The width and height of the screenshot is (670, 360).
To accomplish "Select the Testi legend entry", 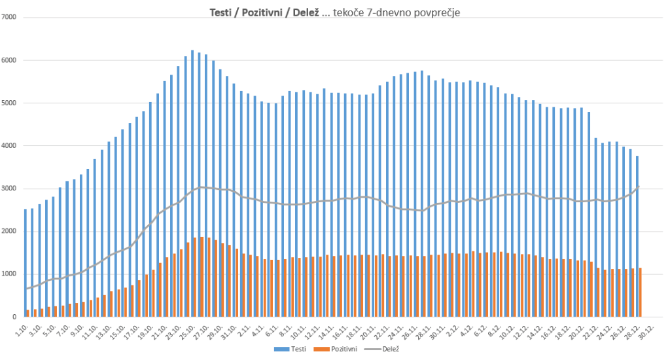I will pos(297,350).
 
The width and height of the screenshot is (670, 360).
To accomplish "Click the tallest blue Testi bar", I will pos(192,183).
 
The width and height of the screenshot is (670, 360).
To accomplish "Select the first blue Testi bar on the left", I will pos(26,262).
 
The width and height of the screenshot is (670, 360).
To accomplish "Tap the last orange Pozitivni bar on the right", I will pos(640,292).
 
